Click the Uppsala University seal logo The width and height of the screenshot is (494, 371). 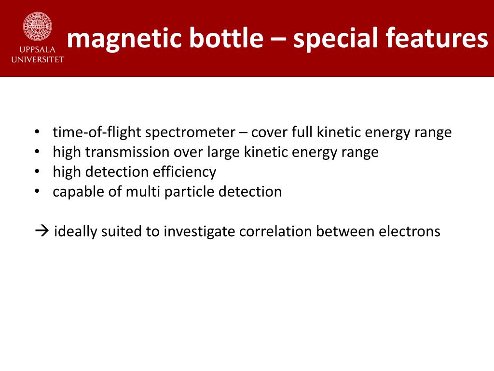37,27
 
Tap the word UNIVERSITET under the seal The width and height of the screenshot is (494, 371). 37,59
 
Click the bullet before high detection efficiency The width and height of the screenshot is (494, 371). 37,172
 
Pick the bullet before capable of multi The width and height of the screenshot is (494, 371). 37,192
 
